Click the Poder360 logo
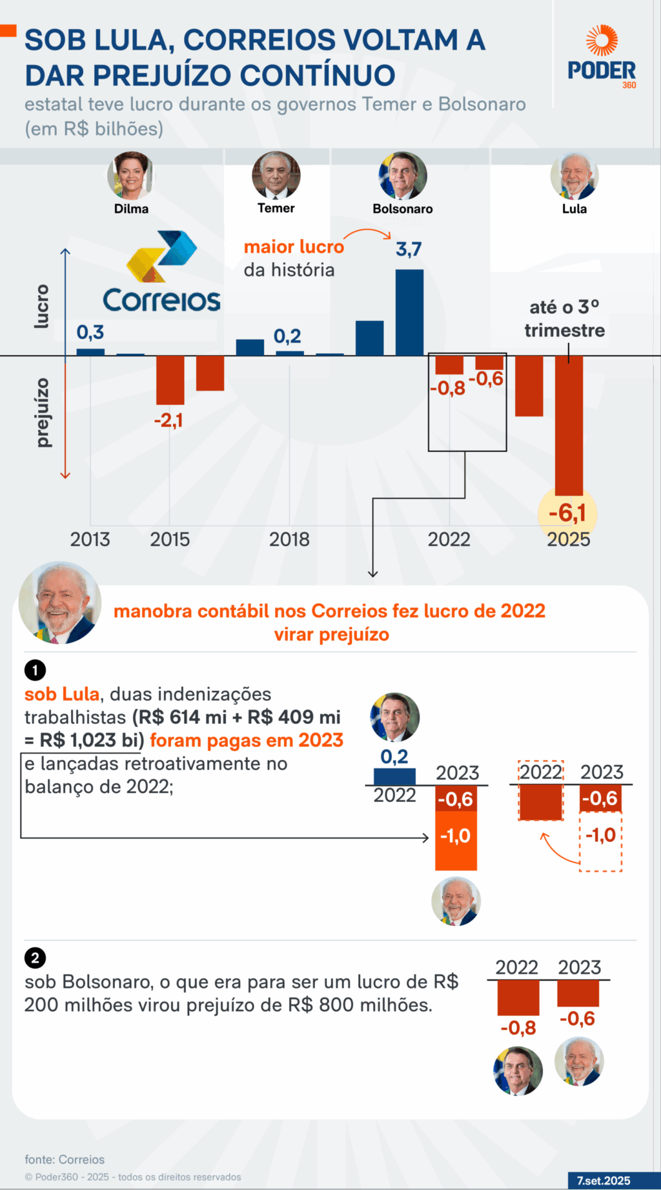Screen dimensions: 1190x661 602,57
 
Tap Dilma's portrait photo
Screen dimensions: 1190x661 131,176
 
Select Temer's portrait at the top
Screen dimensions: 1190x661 276,175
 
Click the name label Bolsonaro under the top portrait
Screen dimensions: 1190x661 402,209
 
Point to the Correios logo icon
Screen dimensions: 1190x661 162,256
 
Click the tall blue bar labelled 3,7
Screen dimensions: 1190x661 409,313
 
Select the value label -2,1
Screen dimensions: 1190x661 168,421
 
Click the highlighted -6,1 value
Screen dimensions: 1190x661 567,513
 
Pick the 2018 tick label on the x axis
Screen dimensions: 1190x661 289,539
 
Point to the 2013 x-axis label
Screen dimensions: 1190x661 90,539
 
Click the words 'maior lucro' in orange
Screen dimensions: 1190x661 294,247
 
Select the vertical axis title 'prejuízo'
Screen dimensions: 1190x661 43,413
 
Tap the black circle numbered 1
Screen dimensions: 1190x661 35,671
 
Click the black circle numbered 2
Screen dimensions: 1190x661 35,958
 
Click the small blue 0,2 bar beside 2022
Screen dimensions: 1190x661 394,776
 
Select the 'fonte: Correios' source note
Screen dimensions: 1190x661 65,1160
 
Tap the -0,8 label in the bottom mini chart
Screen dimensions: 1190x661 518,1028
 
